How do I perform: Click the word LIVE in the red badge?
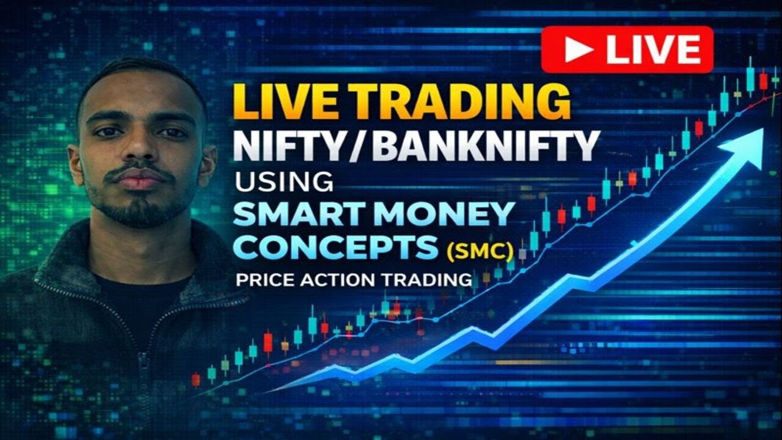click(653, 50)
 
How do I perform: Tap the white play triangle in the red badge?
click(577, 50)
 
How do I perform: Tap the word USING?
click(283, 182)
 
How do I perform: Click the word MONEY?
click(448, 213)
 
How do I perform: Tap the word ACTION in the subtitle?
click(335, 280)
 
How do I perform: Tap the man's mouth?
click(139, 180)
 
